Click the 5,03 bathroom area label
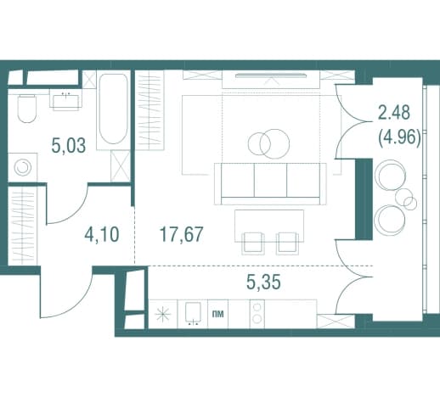69,146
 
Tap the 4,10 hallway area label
102,235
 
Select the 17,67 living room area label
182,234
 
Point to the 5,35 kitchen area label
263,282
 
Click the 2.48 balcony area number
394,112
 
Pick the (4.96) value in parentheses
399,137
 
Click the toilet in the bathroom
27,109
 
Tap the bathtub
113,109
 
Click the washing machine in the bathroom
22,167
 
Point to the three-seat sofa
270,183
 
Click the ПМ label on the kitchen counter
217,314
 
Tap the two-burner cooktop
257,314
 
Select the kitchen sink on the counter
193,313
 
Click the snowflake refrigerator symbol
163,315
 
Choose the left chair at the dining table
253,243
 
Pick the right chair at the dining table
288,243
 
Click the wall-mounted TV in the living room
271,75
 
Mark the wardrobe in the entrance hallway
22,226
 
